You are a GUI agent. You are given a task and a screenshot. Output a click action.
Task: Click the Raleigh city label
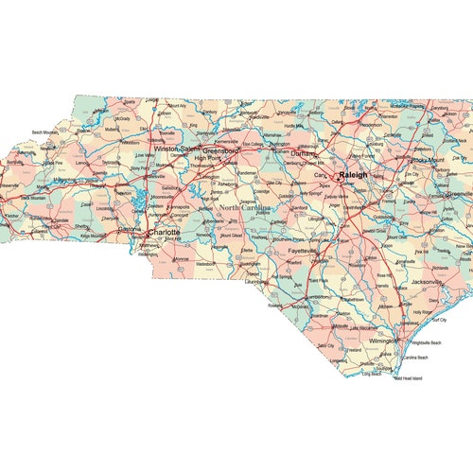coord(353,175)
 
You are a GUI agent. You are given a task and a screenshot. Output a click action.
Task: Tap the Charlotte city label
coord(165,230)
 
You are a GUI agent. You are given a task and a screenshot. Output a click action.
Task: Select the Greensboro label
coord(221,149)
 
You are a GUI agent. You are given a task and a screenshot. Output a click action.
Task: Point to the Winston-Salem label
coord(177,149)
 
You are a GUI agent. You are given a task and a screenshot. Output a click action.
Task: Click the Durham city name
coord(304,153)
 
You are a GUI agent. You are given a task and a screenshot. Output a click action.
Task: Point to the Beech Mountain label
coord(45,132)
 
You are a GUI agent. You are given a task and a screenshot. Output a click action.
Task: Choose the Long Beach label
coord(371,373)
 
